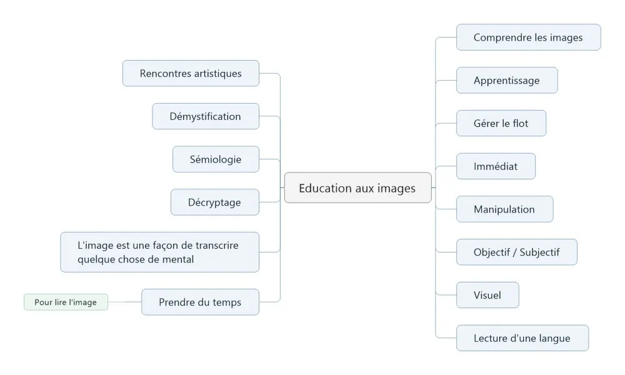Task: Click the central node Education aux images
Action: pos(357,187)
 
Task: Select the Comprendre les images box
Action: pos(528,37)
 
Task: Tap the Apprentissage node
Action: pos(507,81)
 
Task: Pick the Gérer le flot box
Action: pos(501,124)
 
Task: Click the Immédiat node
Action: pos(496,166)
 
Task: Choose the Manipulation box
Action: pos(504,209)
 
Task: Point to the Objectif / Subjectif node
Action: pos(517,252)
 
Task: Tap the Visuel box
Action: pos(487,295)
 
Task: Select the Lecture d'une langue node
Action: pos(522,338)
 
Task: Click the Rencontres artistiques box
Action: pos(191,73)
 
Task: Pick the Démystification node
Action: pos(206,116)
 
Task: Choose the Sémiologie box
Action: pos(216,159)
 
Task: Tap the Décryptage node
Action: pos(215,202)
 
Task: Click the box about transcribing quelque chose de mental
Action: pos(160,252)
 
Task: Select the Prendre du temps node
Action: pos(200,302)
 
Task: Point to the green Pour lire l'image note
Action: pos(66,302)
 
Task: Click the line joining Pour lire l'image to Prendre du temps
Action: pos(125,302)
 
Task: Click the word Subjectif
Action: pos(539,252)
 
